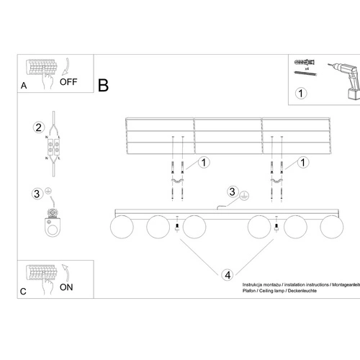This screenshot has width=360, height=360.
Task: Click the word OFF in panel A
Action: (x=68, y=82)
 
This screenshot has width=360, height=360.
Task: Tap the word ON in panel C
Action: (x=67, y=286)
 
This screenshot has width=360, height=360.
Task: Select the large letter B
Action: (x=103, y=86)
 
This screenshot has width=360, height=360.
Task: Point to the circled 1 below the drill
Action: (x=301, y=93)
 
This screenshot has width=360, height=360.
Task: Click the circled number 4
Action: (x=227, y=274)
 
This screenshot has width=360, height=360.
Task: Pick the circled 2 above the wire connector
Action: (x=37, y=127)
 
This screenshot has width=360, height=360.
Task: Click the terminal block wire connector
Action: (x=53, y=148)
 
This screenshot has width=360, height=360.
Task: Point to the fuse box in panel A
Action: (x=42, y=69)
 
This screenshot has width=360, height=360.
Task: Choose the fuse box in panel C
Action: (x=42, y=273)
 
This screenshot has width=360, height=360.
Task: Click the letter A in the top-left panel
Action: (x=24, y=85)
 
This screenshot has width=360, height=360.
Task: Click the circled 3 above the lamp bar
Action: (x=231, y=192)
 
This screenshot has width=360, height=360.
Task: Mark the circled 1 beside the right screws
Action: (x=305, y=163)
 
